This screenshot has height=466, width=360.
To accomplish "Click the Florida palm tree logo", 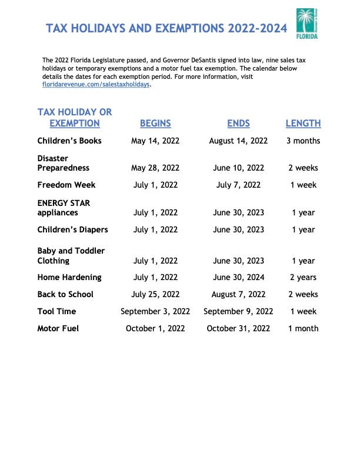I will [306, 24].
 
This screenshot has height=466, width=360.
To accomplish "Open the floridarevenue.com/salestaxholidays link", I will [96, 85].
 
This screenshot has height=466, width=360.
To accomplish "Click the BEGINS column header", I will [155, 124].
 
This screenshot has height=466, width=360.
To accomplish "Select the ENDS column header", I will [238, 124].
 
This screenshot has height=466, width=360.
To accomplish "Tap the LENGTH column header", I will [303, 124].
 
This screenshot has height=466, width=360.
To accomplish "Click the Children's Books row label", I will [69, 141].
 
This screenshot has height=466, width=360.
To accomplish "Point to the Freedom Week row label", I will [66, 185].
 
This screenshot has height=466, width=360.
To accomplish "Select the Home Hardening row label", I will [69, 277].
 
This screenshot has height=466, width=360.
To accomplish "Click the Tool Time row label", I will [56, 311].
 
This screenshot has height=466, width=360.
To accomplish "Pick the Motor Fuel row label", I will [58, 328].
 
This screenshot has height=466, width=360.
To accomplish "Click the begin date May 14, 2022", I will [155, 141].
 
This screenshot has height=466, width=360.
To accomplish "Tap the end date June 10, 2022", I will [238, 168].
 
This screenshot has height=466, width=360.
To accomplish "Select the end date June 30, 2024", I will [238, 277].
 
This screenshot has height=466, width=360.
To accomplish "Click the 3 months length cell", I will [303, 141].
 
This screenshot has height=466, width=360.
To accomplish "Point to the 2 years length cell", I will [303, 277].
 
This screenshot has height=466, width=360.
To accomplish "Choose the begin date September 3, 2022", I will [155, 311].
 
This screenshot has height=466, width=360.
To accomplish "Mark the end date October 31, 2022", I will [238, 328].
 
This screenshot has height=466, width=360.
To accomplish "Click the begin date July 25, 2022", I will [155, 294].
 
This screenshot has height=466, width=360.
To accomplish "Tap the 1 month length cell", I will [303, 328].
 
